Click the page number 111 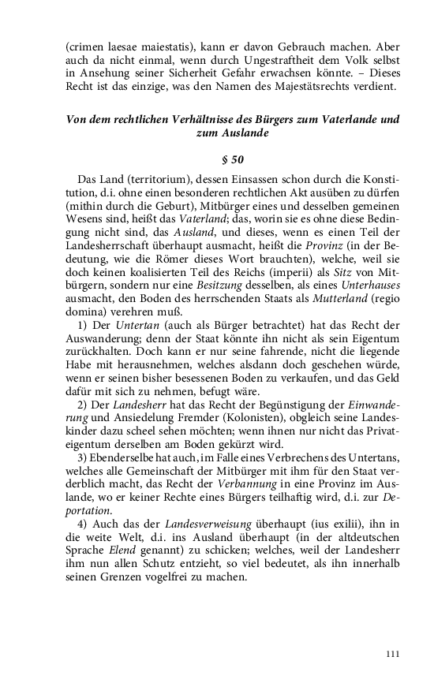click(394, 653)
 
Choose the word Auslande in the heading click(244, 133)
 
